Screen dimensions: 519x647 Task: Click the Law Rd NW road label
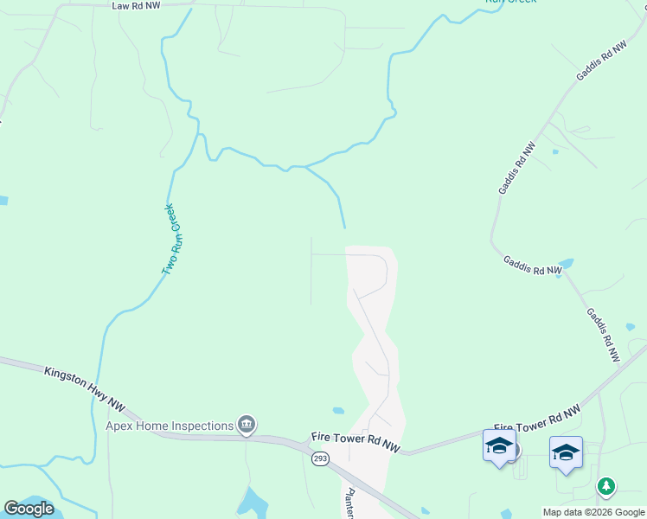click(x=138, y=5)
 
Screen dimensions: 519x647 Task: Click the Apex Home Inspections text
click(x=170, y=426)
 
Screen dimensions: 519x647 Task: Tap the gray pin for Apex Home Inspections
click(x=247, y=424)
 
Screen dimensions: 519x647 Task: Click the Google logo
click(x=29, y=509)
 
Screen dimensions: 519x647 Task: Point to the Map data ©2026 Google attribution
click(x=594, y=512)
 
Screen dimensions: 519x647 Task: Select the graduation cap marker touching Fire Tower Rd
click(x=499, y=446)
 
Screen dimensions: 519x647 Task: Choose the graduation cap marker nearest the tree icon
click(x=566, y=452)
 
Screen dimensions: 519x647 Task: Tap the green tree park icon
click(x=606, y=487)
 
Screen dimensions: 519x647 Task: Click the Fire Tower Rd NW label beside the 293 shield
click(x=356, y=443)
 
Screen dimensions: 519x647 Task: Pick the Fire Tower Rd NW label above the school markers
click(x=536, y=416)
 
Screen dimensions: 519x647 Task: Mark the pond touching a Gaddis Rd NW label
click(x=566, y=263)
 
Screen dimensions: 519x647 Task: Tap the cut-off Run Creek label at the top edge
click(x=510, y=3)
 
